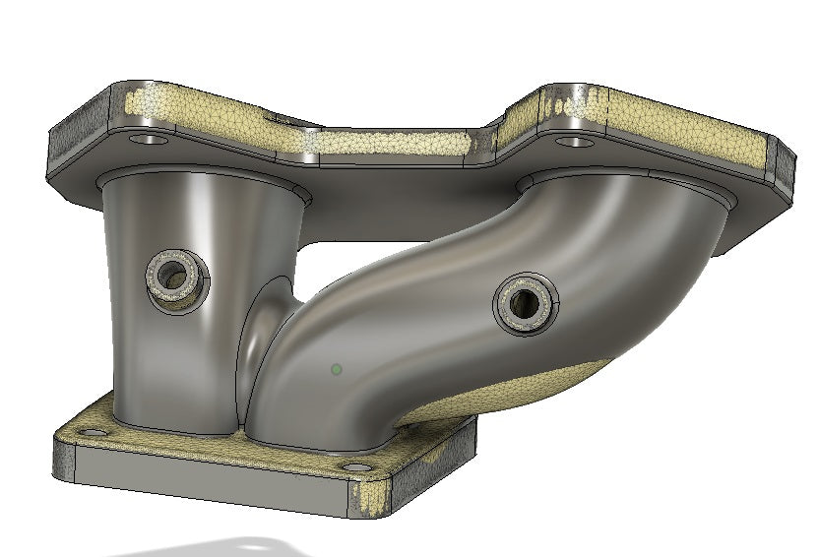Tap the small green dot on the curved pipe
(337, 369)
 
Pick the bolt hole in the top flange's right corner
(574, 143)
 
